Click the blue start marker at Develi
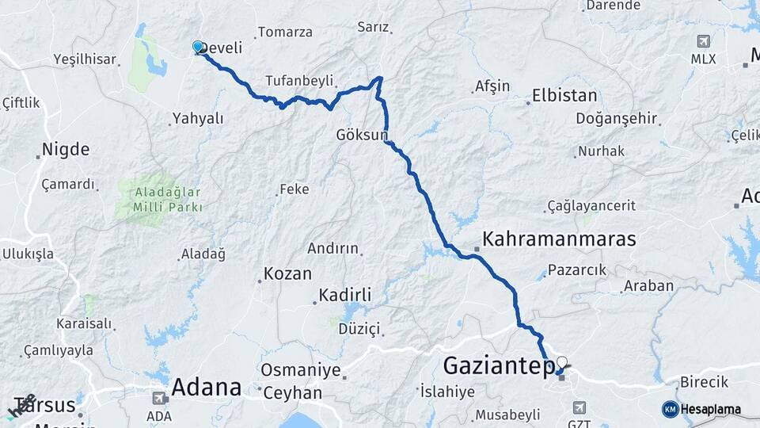198,48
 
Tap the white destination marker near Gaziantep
561,364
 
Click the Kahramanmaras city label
559,239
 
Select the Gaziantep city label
495,365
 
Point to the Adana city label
206,388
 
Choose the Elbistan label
564,96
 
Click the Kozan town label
287,273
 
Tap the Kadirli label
344,295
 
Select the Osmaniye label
301,370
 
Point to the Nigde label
65,149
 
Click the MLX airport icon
702,41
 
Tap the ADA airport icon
159,398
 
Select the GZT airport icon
579,407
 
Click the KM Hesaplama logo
701,409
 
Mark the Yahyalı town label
197,119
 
